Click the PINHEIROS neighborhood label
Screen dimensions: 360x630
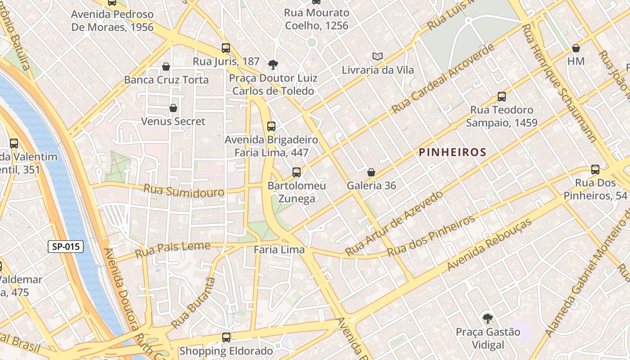click(453, 152)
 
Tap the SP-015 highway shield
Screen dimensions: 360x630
click(66, 246)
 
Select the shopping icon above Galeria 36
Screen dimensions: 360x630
click(371, 172)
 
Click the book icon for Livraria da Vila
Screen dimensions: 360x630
click(378, 57)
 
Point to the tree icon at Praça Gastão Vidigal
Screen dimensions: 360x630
click(487, 319)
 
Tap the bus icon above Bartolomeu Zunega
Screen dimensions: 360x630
click(296, 172)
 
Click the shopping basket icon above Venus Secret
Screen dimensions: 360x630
click(173, 108)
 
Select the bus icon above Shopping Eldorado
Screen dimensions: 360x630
click(226, 337)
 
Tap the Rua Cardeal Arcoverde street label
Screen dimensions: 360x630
click(443, 79)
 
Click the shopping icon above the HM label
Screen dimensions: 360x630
click(576, 48)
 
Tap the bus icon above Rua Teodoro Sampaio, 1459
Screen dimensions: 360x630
click(501, 97)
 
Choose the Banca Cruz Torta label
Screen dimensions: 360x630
click(166, 80)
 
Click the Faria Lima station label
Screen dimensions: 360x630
click(279, 250)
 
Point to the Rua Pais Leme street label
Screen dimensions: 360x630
click(172, 249)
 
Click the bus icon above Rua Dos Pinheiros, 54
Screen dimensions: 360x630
click(595, 170)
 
